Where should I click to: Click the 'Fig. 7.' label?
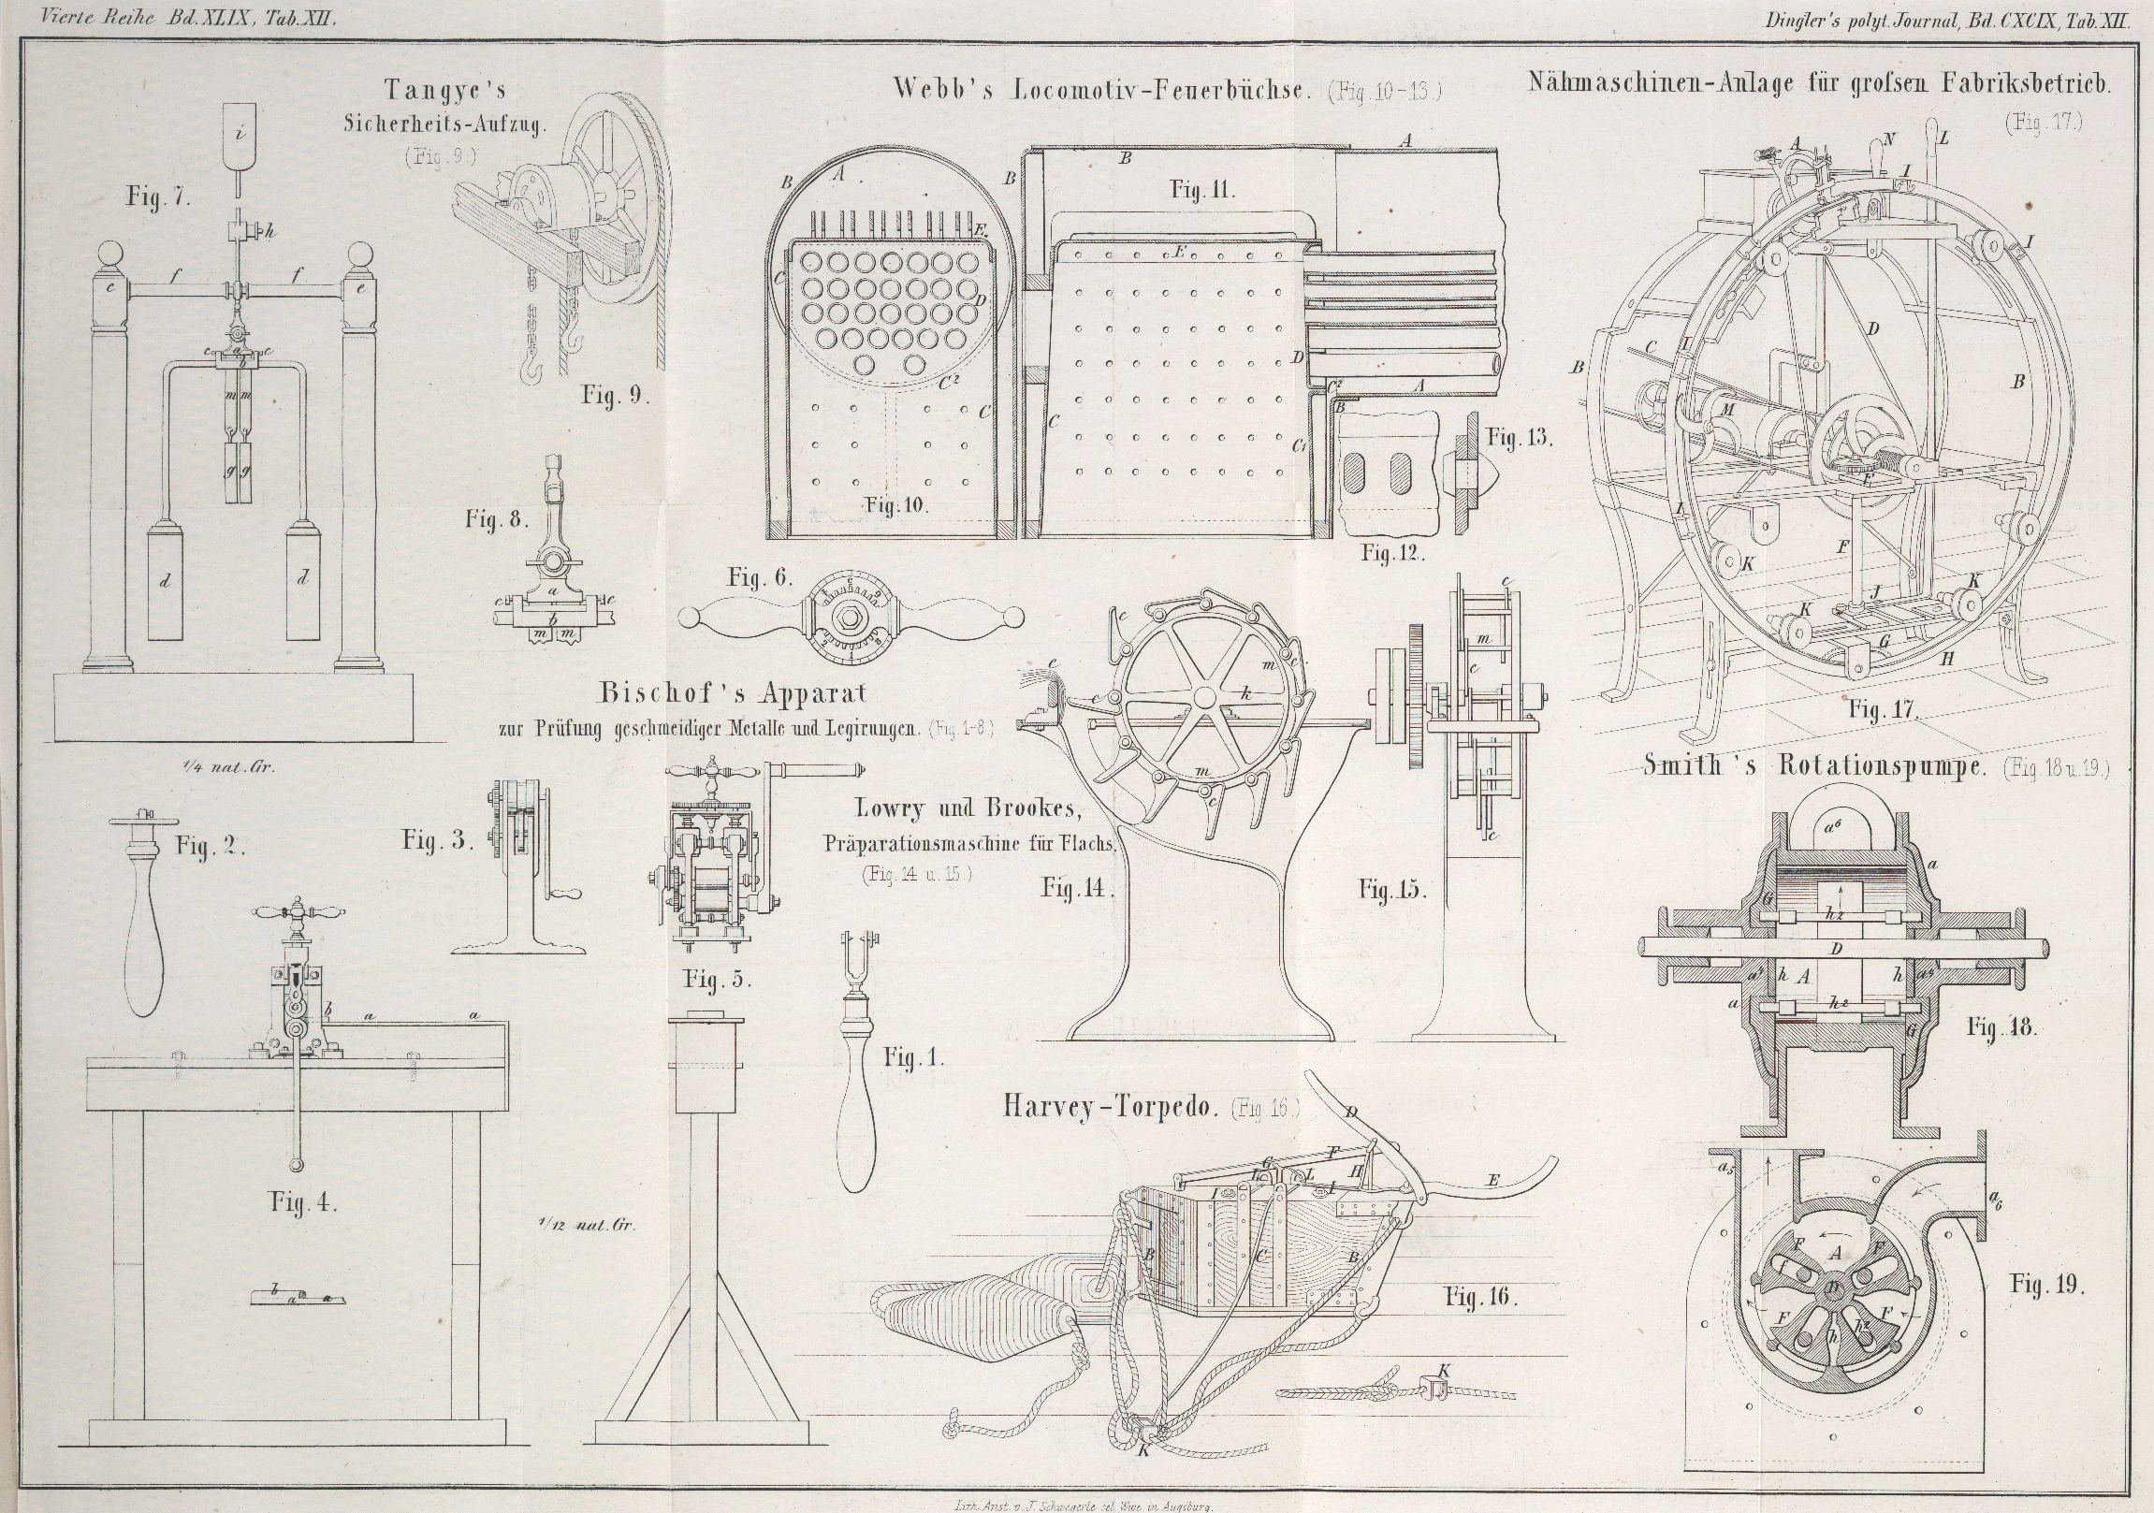(x=158, y=198)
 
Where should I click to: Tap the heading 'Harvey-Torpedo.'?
(x=1110, y=1107)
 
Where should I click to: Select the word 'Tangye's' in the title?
(x=444, y=90)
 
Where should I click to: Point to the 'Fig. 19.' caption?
(x=2046, y=1284)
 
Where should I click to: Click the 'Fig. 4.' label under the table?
(x=303, y=1201)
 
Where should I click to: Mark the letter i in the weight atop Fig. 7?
(x=240, y=133)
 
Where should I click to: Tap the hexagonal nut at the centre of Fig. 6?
(x=848, y=617)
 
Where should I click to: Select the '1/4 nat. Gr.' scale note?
(x=230, y=766)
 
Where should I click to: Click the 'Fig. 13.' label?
(x=1520, y=437)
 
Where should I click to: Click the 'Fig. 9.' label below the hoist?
(x=615, y=394)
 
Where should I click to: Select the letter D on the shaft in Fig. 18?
(x=1836, y=950)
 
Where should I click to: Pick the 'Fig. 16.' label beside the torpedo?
(x=1480, y=1297)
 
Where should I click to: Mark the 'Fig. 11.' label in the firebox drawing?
(x=1201, y=191)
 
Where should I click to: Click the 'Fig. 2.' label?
(x=211, y=846)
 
